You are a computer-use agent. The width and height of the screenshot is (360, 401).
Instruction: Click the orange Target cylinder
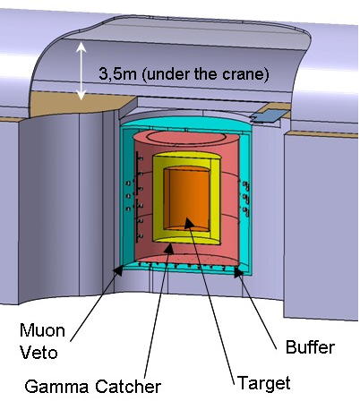[x=187, y=200]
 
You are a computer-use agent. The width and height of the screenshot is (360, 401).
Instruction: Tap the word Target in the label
[x=263, y=383]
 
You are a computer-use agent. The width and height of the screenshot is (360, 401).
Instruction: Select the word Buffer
[x=310, y=347]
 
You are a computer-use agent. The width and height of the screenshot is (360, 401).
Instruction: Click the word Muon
[x=42, y=330]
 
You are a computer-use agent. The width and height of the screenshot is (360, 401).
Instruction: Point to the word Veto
[x=39, y=353]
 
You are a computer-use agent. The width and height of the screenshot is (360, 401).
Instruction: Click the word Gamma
[x=56, y=387]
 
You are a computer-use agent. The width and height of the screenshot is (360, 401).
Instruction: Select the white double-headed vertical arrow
[x=81, y=71]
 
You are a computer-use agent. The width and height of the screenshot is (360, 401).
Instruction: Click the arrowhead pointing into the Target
[x=189, y=223]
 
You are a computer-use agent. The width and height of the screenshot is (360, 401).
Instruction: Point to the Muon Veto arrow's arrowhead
[x=118, y=270]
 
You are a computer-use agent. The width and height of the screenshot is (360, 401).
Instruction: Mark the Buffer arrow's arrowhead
[x=238, y=272]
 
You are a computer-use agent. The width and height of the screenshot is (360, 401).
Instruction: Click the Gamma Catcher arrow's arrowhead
[x=169, y=249]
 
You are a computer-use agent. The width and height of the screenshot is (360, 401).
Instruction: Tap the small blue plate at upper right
[x=270, y=115]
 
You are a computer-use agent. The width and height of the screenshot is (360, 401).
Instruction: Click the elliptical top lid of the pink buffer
[x=186, y=138]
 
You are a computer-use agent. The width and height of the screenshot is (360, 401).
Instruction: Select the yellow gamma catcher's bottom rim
[x=186, y=239]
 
